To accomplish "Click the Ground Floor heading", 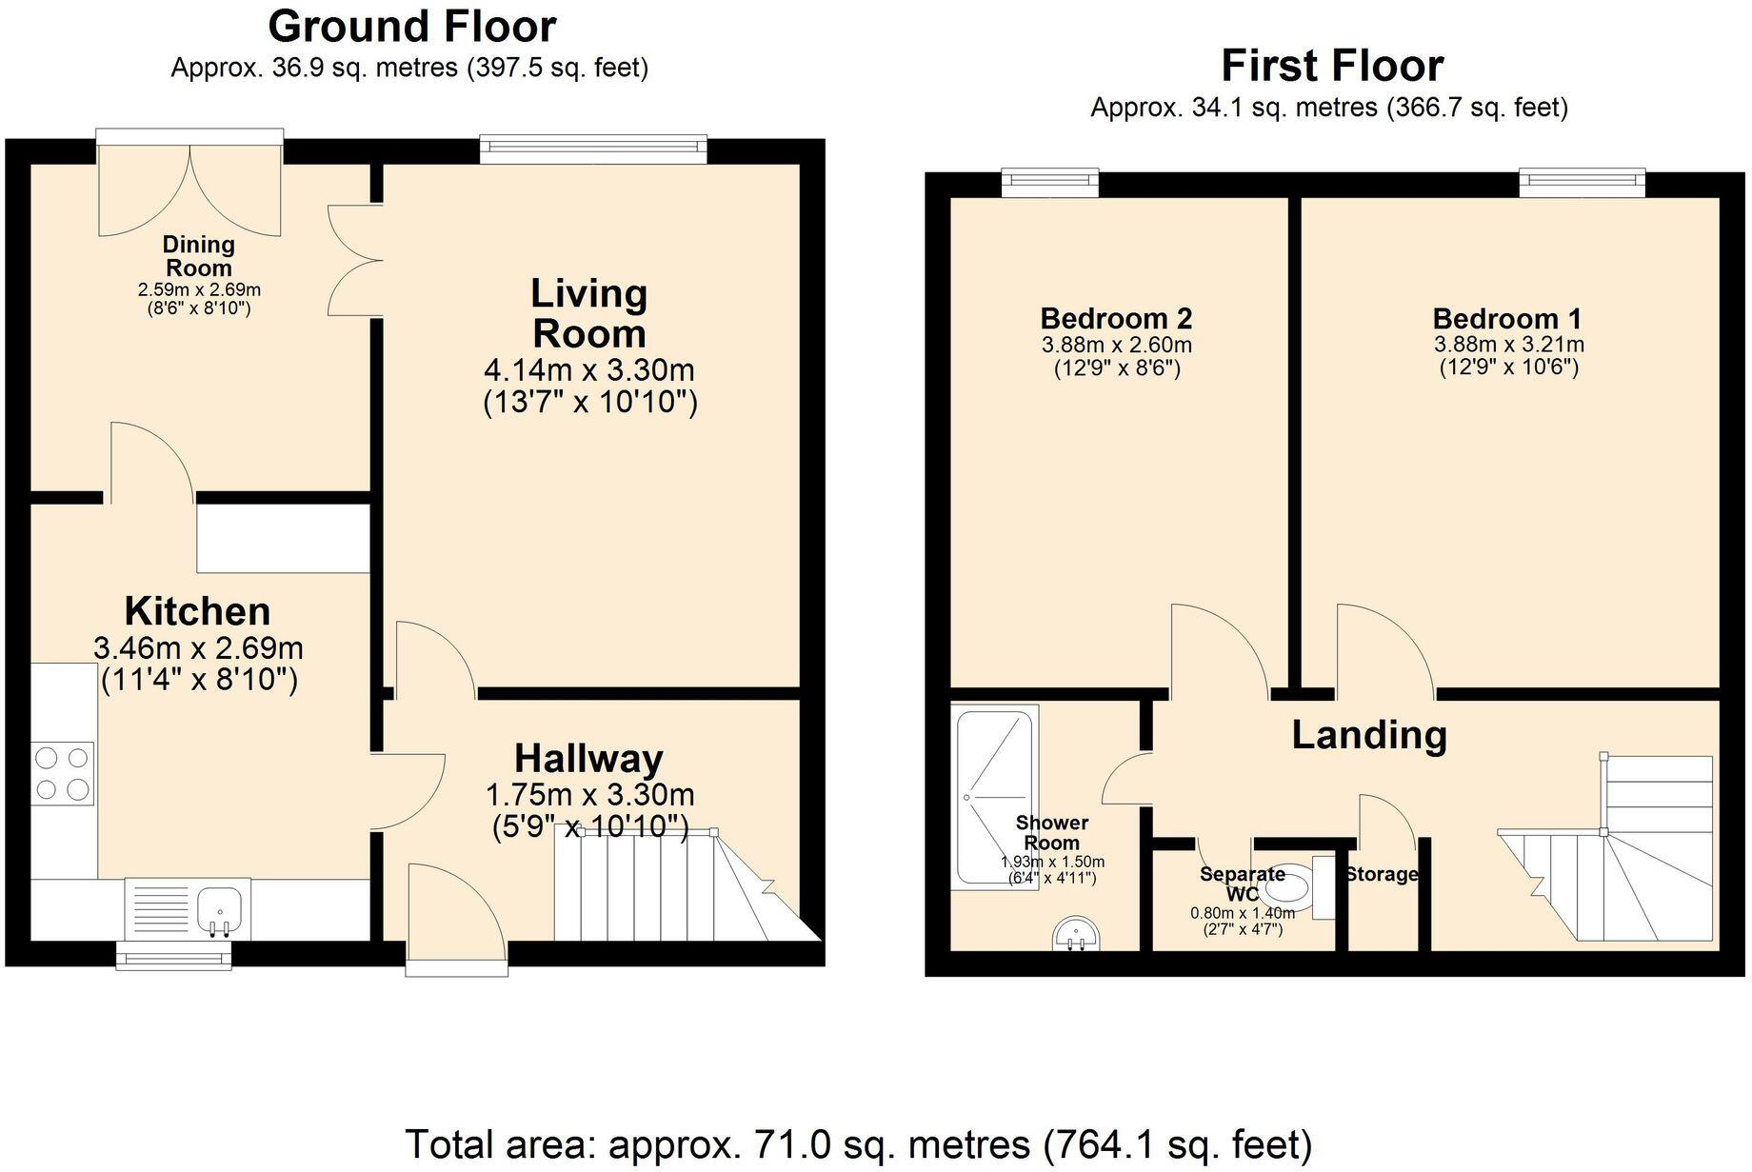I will pos(411,27).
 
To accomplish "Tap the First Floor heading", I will pos(1331,66).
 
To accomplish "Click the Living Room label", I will pos(588,313).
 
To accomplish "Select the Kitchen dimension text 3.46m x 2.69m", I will pos(198,648).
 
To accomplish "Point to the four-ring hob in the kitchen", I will pos(62,773).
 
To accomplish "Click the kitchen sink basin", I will pos(221,906).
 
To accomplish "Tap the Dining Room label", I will pos(198,256).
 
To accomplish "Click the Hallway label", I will pos(588,759).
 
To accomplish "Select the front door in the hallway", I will pos(456,919).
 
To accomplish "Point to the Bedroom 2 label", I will pos(1116,318).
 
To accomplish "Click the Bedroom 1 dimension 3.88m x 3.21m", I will pos(1508,345).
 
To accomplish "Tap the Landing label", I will pos(1368,735).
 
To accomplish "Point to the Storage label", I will pos(1382,874).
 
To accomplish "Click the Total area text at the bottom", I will pos(858,1143).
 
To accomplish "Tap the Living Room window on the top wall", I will pos(593,145).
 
